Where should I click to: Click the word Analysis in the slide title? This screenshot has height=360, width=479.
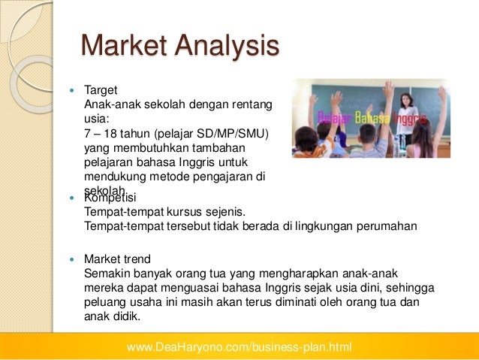[x=223, y=47]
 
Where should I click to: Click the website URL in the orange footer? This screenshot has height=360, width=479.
[x=239, y=347]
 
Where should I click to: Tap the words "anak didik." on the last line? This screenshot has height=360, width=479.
[x=113, y=316]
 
